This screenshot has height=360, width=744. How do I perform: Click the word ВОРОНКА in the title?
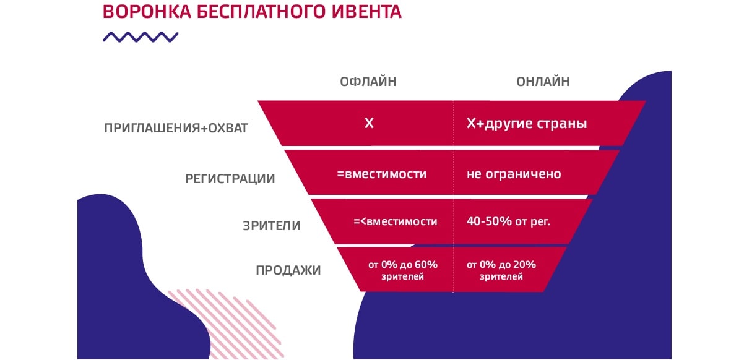147,12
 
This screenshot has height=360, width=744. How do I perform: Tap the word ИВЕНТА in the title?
366,12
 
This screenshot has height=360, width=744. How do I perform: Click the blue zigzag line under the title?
141,37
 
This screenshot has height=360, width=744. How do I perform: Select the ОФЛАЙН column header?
368,82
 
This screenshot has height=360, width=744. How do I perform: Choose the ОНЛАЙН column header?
543,82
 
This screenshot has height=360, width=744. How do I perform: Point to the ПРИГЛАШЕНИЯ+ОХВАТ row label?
176,128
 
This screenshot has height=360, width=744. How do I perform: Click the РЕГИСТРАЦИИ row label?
230,179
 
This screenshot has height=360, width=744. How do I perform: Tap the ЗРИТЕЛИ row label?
272,226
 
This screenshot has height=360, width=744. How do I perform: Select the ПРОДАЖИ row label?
288,270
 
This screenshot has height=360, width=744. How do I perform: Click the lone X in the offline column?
369,124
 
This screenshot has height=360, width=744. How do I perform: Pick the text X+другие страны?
527,124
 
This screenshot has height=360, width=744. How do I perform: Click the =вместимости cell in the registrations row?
382,174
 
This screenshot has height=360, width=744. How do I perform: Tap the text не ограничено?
514,174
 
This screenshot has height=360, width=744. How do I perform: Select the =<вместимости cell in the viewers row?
396,221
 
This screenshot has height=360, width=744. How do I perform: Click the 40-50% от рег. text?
508,221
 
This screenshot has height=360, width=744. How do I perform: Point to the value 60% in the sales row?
426,265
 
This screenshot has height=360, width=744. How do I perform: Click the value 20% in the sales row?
524,265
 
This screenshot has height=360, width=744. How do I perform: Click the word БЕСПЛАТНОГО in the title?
261,12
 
